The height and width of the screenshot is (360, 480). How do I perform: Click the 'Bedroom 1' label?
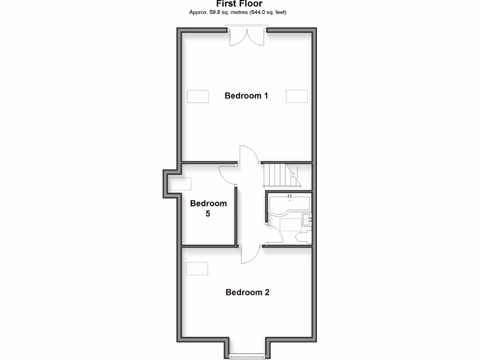tap(246, 96)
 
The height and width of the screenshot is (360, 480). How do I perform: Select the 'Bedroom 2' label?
tap(247, 292)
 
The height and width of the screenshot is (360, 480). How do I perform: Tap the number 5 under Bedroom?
tap(208, 214)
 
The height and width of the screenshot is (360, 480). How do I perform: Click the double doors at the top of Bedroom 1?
tap(247, 37)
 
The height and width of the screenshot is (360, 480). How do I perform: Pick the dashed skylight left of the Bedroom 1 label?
tap(198, 96)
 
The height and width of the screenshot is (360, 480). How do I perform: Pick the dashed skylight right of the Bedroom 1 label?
tap(297, 96)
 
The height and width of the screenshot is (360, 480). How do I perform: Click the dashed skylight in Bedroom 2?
tap(197, 269)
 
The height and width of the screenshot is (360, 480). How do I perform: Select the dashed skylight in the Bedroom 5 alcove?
tap(181, 184)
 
